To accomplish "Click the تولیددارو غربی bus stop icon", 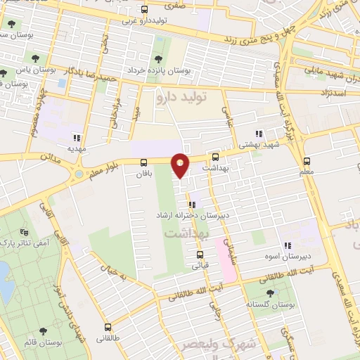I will pos(145,10).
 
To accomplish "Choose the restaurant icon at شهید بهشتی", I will pos(259,133).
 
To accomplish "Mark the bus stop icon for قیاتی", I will pos(200,255).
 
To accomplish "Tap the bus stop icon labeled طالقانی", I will pos(108,327).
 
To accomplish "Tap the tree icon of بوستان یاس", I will pos(4,72).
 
